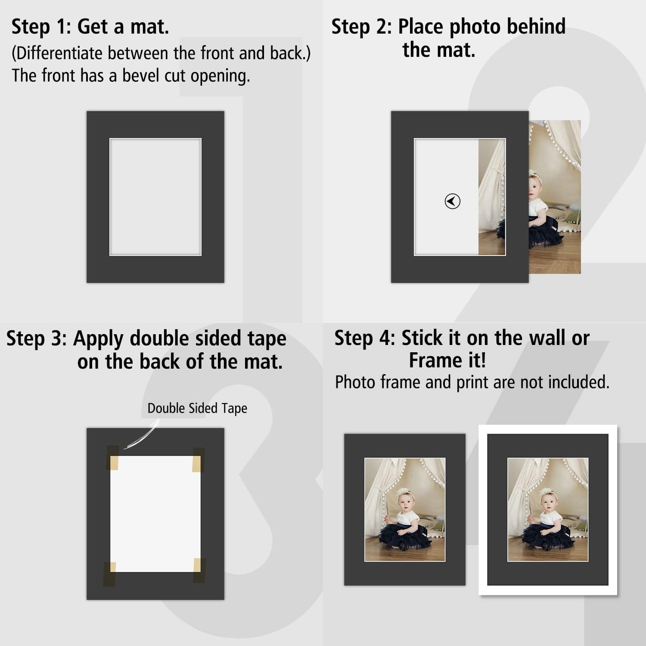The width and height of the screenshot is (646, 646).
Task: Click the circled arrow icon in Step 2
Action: coord(452,201)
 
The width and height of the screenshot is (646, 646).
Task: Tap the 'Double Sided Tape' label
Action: coord(197,408)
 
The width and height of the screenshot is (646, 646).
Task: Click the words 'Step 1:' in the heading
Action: coord(41,27)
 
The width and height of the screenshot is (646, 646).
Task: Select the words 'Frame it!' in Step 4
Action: coord(447,360)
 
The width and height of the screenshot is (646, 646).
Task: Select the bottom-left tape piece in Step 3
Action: coord(110,574)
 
